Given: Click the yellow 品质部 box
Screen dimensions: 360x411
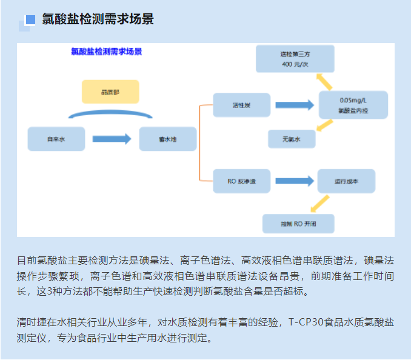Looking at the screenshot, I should click(110, 92).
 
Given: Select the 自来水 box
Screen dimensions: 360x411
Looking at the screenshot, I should click(56, 139).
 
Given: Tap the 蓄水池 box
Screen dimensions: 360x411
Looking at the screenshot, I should click(167, 139).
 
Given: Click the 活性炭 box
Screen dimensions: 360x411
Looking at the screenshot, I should click(241, 105).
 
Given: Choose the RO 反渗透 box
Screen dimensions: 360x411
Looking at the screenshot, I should click(241, 181).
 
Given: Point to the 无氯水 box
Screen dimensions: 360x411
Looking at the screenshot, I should click(292, 139).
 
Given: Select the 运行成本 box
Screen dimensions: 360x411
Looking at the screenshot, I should click(346, 181).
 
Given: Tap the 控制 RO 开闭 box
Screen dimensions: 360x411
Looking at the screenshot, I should click(298, 223).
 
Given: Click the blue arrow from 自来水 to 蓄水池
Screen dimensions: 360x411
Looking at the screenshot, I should click(112, 139).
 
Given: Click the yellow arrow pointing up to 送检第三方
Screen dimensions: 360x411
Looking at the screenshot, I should click(324, 82).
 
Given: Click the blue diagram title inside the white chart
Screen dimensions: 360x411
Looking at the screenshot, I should click(106, 52).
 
